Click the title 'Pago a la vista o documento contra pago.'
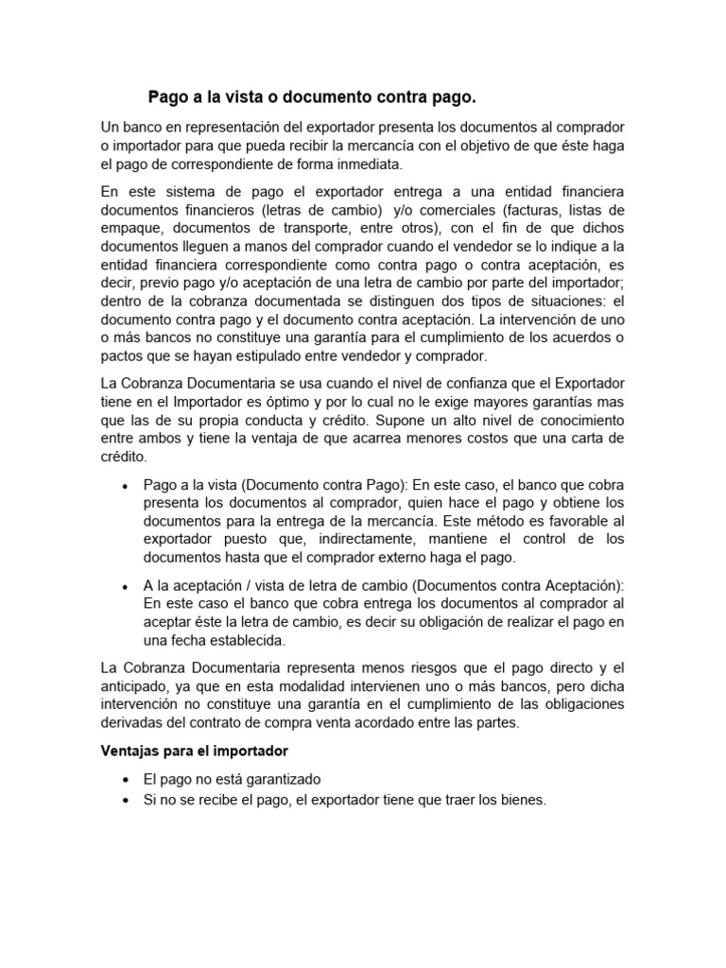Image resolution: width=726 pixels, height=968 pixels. click(313, 97)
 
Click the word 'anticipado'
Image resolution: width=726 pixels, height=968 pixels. click(135, 687)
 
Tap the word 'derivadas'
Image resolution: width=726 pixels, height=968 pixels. click(133, 723)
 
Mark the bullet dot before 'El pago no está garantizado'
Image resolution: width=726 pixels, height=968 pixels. click(125, 780)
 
